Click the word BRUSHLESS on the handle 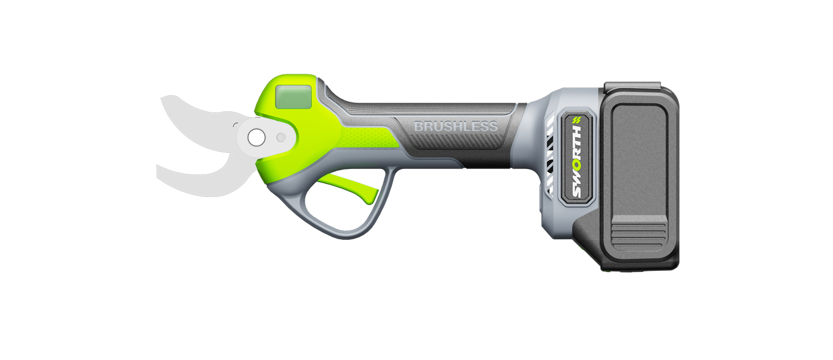pos(455,127)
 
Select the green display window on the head pos(294,96)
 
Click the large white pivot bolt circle pos(256,137)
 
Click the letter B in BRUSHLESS pos(418,127)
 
